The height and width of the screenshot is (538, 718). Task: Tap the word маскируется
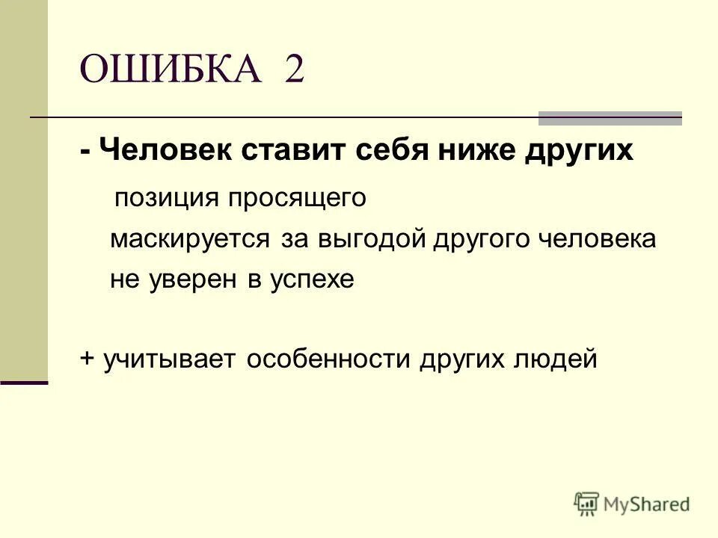[x=190, y=240]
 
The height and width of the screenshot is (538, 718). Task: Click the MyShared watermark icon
[x=587, y=504]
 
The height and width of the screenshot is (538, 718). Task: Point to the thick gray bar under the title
[x=610, y=117]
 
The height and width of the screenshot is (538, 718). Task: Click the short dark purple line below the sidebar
[x=24, y=382]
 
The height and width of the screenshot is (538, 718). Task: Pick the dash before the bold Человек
[x=87, y=151]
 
